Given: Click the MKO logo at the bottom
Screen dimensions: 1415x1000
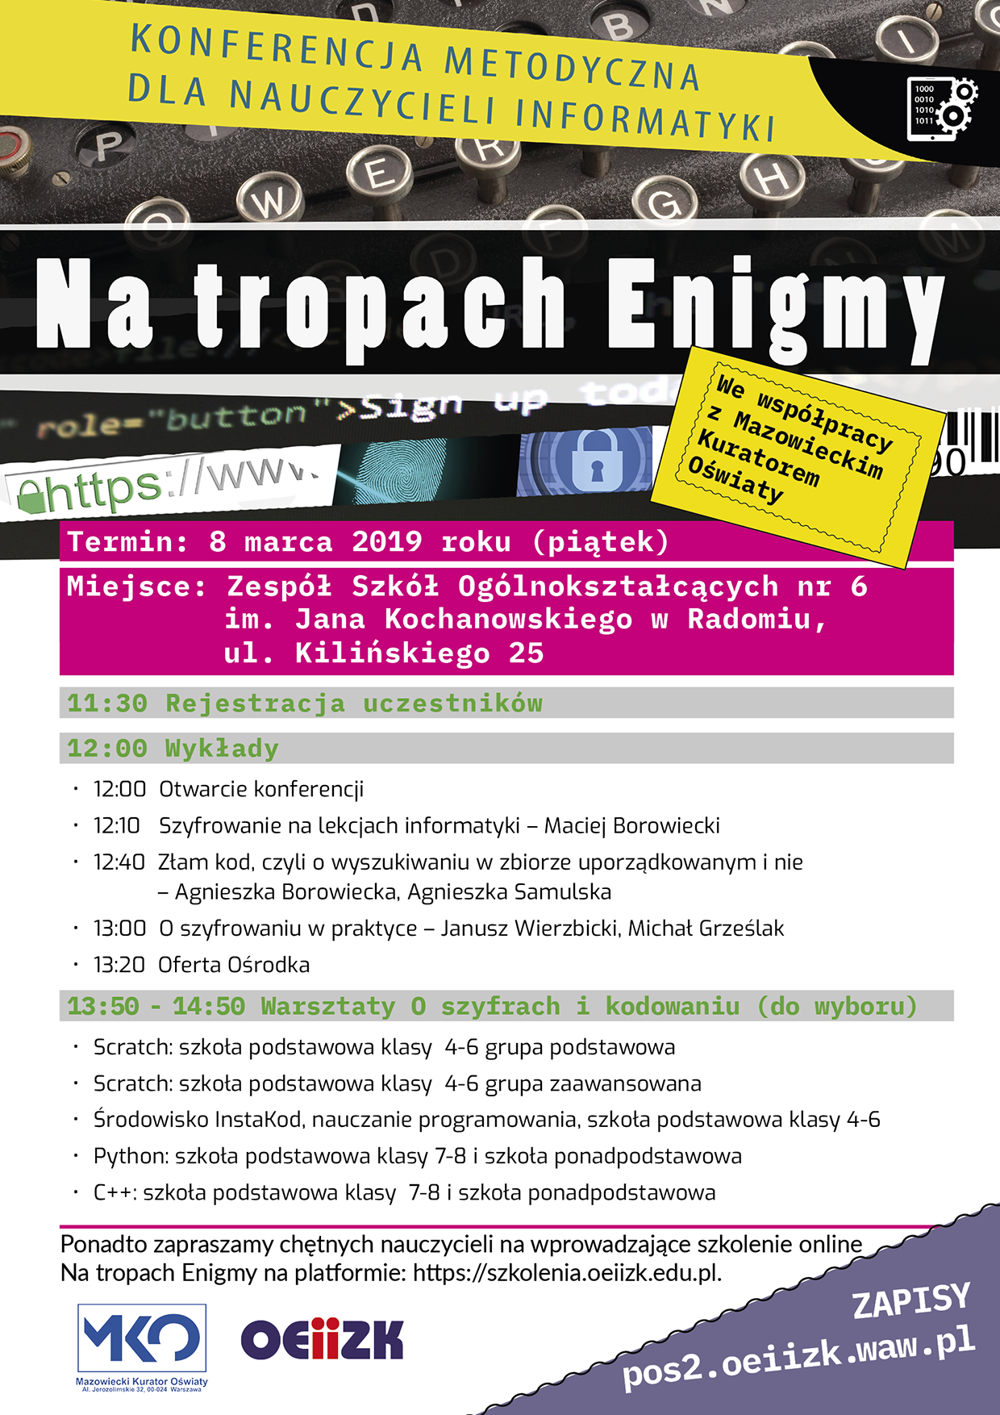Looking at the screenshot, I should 142,1338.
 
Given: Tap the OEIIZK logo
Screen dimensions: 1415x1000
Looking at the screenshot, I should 322,1339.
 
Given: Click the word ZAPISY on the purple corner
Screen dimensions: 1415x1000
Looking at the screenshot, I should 911,1300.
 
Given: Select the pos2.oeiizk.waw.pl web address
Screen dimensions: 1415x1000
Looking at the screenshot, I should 798,1356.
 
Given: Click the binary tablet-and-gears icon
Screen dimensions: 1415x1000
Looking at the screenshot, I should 941,109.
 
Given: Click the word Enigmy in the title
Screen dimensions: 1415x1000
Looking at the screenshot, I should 774,305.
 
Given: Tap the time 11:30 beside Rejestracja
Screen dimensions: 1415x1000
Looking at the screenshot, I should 106,703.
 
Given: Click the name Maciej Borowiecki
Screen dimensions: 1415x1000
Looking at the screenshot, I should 631,825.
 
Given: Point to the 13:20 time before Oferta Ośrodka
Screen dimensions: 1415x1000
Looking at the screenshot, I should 119,965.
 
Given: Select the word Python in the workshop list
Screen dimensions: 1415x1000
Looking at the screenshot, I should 130,1156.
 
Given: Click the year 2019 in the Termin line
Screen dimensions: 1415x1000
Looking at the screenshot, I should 386,541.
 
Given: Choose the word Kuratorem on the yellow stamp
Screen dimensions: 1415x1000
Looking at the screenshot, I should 758,458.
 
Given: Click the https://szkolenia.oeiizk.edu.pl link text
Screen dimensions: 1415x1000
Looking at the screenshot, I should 566,1272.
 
